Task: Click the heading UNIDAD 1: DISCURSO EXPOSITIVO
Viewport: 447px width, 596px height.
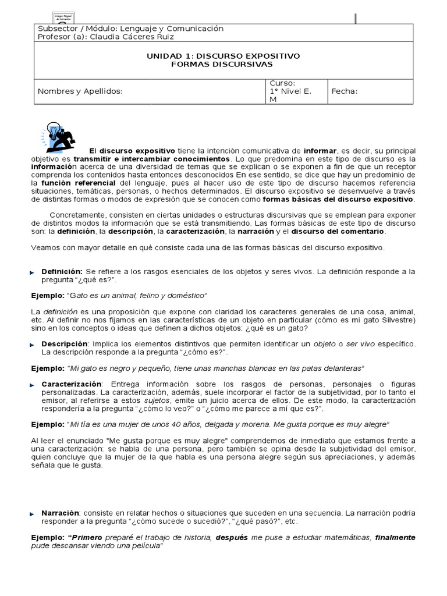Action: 223,56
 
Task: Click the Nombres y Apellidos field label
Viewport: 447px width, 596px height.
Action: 80,91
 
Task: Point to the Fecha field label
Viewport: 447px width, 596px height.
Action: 345,91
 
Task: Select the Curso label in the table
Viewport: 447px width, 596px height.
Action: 282,83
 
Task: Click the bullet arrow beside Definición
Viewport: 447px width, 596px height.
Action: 33,272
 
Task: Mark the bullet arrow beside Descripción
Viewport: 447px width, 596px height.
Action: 33,345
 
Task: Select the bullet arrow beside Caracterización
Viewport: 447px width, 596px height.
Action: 33,385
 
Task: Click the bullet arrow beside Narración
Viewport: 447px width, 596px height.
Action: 33,514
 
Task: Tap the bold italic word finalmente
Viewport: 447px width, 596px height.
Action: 395,537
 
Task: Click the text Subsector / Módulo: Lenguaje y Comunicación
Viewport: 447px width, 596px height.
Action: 130,29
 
